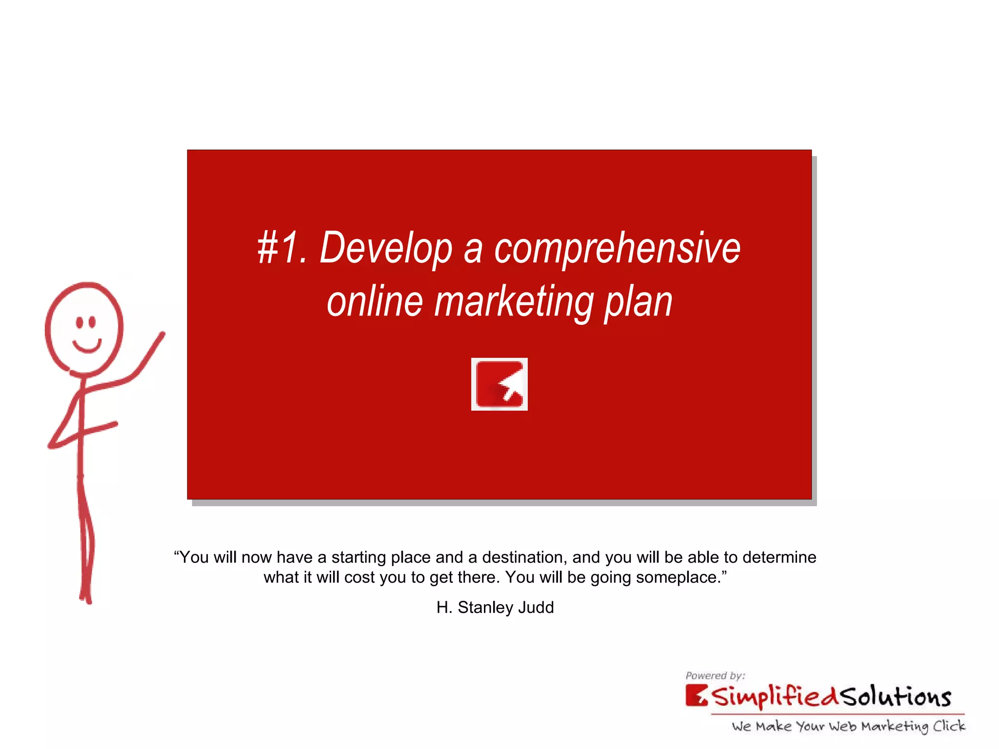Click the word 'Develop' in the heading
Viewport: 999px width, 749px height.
pyautogui.click(x=385, y=249)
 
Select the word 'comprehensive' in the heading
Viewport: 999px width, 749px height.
pyautogui.click(x=617, y=249)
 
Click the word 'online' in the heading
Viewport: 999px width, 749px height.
pyautogui.click(x=375, y=302)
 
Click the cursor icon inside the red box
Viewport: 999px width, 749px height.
pyautogui.click(x=499, y=384)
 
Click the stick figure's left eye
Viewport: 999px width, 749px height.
pyautogui.click(x=80, y=322)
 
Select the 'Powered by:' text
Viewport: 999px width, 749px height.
pyautogui.click(x=715, y=676)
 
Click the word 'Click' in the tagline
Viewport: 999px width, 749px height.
pyautogui.click(x=949, y=727)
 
